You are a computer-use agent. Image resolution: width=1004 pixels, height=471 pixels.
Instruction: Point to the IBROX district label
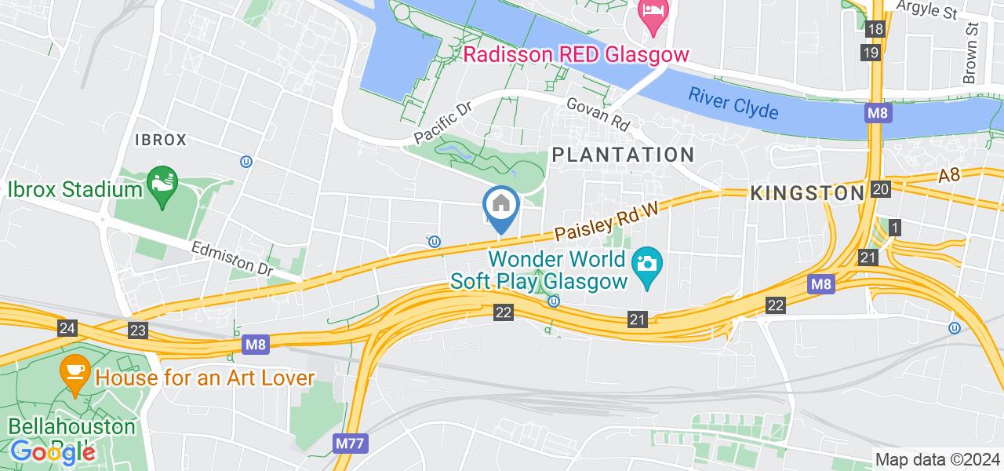(x=161, y=140)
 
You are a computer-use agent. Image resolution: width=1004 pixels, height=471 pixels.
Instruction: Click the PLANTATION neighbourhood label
(x=623, y=154)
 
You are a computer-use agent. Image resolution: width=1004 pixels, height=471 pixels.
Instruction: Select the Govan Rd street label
(x=598, y=115)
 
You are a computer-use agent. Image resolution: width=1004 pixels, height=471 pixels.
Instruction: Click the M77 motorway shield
(x=349, y=444)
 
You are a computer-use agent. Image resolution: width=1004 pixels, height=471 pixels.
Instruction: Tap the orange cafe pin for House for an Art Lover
(x=75, y=376)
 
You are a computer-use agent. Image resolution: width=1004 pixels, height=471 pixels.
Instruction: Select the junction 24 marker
(x=67, y=327)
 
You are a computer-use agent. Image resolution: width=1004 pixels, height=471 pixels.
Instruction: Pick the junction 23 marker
(x=138, y=330)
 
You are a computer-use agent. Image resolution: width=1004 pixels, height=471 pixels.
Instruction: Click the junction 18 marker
(x=876, y=30)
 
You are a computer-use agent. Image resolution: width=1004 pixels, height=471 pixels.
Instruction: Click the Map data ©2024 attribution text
(x=937, y=460)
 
